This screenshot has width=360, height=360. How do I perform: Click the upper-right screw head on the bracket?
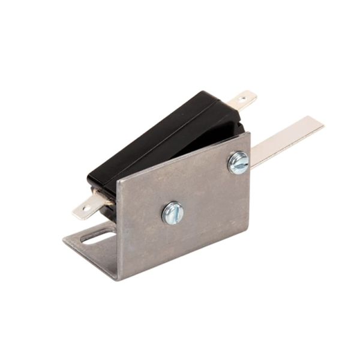click(x=238, y=163)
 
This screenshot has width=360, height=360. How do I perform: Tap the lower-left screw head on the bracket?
click(x=173, y=212)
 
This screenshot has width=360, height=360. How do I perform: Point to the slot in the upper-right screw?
click(x=238, y=163)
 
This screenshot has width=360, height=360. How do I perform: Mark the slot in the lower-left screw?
click(x=173, y=212)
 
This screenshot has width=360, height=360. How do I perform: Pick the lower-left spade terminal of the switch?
click(x=90, y=207)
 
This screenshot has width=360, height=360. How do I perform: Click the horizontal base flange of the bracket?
click(x=90, y=246)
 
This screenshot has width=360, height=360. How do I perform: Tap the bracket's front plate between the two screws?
click(x=204, y=189)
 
